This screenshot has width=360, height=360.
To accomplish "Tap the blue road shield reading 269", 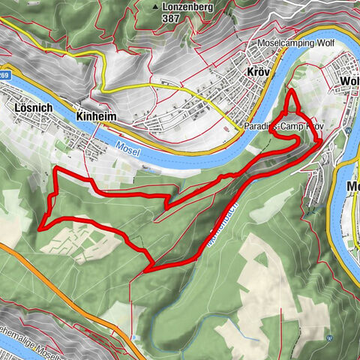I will coord(4,75).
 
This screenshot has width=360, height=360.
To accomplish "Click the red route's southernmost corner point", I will coord(153,267).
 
